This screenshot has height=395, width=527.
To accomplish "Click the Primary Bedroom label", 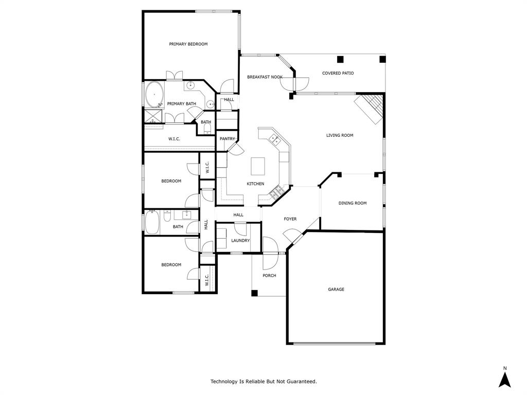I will [x=188, y=44].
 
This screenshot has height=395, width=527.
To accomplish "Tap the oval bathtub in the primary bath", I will [x=154, y=95].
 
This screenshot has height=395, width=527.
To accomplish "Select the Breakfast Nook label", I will [x=265, y=77].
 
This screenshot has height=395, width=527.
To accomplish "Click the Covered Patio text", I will [x=338, y=73].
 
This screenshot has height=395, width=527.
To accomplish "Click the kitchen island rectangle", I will [x=258, y=167].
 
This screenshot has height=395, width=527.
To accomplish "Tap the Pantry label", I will [x=227, y=139].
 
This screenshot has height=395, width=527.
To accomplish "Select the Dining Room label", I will [x=353, y=203].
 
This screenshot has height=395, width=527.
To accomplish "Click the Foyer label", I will [x=290, y=219].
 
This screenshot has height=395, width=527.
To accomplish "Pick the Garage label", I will [x=336, y=290].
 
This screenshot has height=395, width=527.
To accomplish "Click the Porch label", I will [x=269, y=276].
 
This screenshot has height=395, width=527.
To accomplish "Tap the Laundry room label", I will [x=240, y=241].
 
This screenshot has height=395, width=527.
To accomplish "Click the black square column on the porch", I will [x=254, y=293].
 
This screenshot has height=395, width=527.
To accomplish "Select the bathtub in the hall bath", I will [x=152, y=222].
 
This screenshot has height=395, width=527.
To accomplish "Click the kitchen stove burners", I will [x=276, y=192].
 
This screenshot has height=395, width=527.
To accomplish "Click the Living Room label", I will [x=340, y=135].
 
